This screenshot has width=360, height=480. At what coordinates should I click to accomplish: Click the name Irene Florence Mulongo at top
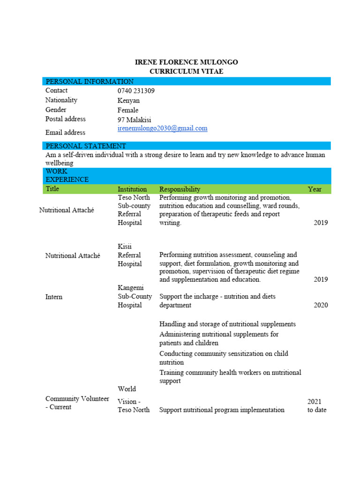186,62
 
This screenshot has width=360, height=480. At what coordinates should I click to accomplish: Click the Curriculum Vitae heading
186,71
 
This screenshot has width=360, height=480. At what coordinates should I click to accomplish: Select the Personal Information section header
90,82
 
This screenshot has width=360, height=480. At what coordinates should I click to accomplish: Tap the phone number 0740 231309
136,91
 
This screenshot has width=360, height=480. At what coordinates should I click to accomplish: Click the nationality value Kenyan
128,100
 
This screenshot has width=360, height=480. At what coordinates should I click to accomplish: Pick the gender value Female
128,110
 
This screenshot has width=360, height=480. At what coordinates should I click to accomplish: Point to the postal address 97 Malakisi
134,120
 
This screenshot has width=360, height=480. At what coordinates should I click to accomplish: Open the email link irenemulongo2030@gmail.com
162,128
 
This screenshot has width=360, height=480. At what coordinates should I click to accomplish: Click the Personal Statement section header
86,146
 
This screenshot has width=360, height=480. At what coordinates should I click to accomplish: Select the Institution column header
132,189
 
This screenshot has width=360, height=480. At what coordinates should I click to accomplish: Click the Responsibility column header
180,189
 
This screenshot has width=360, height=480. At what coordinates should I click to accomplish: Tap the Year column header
315,189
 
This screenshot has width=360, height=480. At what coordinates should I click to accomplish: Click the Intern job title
54,297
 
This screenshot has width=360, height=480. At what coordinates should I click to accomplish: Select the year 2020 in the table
321,305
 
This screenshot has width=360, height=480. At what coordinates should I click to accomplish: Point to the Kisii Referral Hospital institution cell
130,255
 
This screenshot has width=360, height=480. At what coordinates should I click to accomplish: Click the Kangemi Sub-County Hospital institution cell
135,296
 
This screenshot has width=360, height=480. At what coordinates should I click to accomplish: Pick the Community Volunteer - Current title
77,403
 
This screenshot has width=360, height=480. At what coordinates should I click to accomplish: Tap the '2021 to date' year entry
317,406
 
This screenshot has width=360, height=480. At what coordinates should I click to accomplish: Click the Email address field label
65,133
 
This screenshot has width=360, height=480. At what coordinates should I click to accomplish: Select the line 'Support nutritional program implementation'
222,410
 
